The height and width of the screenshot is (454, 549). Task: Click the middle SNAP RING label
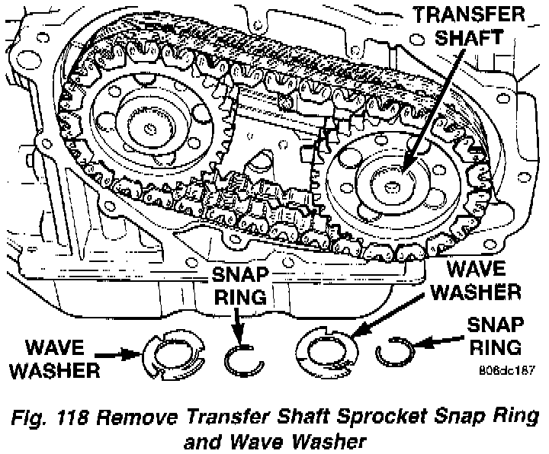click(242, 286)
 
